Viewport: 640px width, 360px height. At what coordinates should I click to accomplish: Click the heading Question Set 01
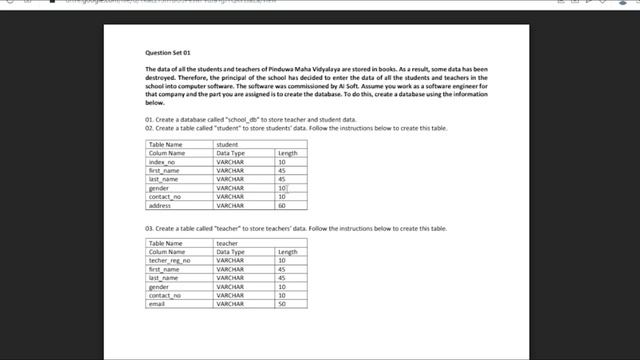pos(168,51)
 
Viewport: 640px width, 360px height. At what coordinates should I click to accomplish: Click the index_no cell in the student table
pos(163,162)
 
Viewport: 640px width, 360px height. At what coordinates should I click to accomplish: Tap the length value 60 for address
pos(282,205)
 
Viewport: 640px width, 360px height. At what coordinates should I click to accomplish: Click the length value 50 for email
pos(282,304)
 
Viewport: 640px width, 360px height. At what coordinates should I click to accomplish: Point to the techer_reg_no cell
pos(170,260)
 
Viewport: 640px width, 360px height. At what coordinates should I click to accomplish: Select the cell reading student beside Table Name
pos(227,144)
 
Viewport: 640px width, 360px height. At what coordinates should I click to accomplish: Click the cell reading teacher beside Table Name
pos(227,243)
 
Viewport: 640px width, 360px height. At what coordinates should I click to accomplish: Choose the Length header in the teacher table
pos(287,252)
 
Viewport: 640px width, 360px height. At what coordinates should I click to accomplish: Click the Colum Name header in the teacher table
pos(167,252)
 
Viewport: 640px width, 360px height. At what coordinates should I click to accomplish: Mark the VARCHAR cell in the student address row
pos(230,205)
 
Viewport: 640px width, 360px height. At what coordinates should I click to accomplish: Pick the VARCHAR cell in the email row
pos(230,304)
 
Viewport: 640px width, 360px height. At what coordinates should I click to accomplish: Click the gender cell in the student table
pos(160,188)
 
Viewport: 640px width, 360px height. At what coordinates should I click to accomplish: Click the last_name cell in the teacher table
pos(165,278)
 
